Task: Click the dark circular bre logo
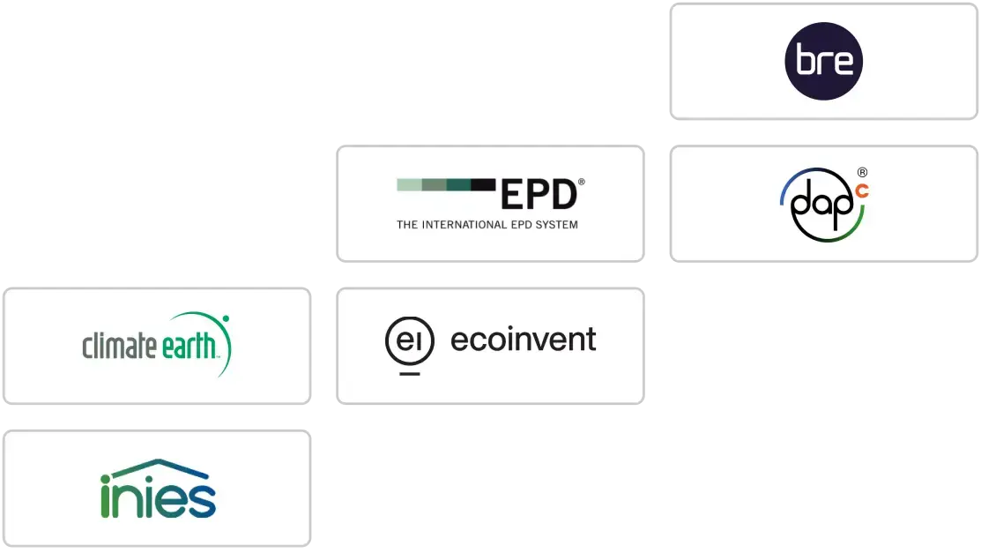click(x=823, y=61)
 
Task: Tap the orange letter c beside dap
click(x=861, y=190)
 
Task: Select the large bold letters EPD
click(x=538, y=195)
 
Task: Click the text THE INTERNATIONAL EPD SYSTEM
click(x=487, y=225)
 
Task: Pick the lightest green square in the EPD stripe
click(x=409, y=184)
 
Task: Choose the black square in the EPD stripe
click(x=483, y=184)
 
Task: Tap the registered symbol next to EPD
click(x=581, y=183)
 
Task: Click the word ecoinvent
click(x=523, y=340)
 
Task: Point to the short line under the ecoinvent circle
click(x=409, y=374)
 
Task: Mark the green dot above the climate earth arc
click(x=226, y=318)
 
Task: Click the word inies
click(x=158, y=497)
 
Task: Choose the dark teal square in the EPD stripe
click(x=458, y=184)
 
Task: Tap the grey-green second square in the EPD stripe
click(x=434, y=184)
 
